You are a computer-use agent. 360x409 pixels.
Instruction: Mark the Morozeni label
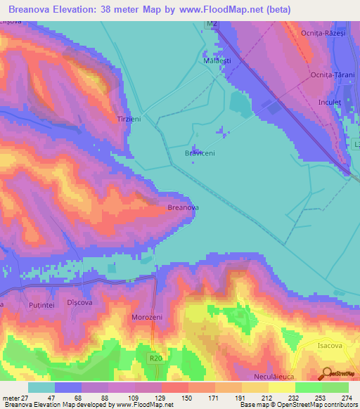(147, 318)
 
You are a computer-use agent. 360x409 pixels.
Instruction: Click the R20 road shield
(155, 358)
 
